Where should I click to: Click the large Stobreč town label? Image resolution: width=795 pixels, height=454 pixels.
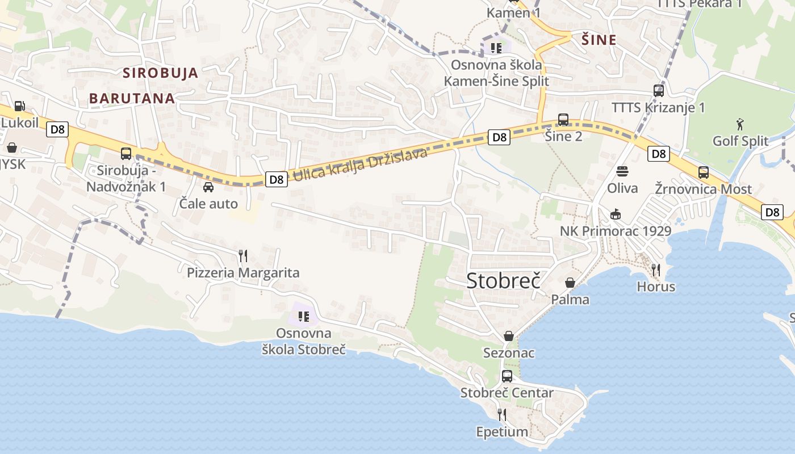point(503,281)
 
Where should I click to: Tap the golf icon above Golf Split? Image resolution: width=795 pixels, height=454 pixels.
point(740,124)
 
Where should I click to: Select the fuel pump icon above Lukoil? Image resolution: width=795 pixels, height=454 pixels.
point(19,106)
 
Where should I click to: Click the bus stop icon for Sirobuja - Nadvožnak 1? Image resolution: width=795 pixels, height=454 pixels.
point(126,153)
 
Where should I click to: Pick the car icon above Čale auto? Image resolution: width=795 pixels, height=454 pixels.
point(208,187)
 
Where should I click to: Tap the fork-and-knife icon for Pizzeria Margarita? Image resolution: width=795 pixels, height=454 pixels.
point(243,255)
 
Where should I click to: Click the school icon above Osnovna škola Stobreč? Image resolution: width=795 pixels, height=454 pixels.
point(303,316)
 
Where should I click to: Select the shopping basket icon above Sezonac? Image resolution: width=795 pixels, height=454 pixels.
point(509,336)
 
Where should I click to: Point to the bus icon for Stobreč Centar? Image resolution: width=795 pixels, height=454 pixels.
point(507,376)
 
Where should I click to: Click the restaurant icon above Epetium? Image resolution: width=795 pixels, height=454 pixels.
point(502,414)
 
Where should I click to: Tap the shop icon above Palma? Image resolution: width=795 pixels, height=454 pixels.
point(570,282)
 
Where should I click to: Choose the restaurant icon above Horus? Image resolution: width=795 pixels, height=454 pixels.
point(656,269)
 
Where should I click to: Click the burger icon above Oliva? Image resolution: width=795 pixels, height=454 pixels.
point(622,171)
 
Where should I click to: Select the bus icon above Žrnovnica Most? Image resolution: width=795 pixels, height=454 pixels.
point(703,172)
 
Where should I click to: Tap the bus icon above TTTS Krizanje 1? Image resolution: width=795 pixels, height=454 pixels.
point(659,90)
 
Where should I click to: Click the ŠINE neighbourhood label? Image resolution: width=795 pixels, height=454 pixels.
point(599,40)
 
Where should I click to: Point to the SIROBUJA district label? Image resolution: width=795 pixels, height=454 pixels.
point(161,73)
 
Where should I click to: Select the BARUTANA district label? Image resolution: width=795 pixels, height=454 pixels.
point(132,98)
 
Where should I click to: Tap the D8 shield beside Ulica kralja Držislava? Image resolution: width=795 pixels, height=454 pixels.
point(276,179)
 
